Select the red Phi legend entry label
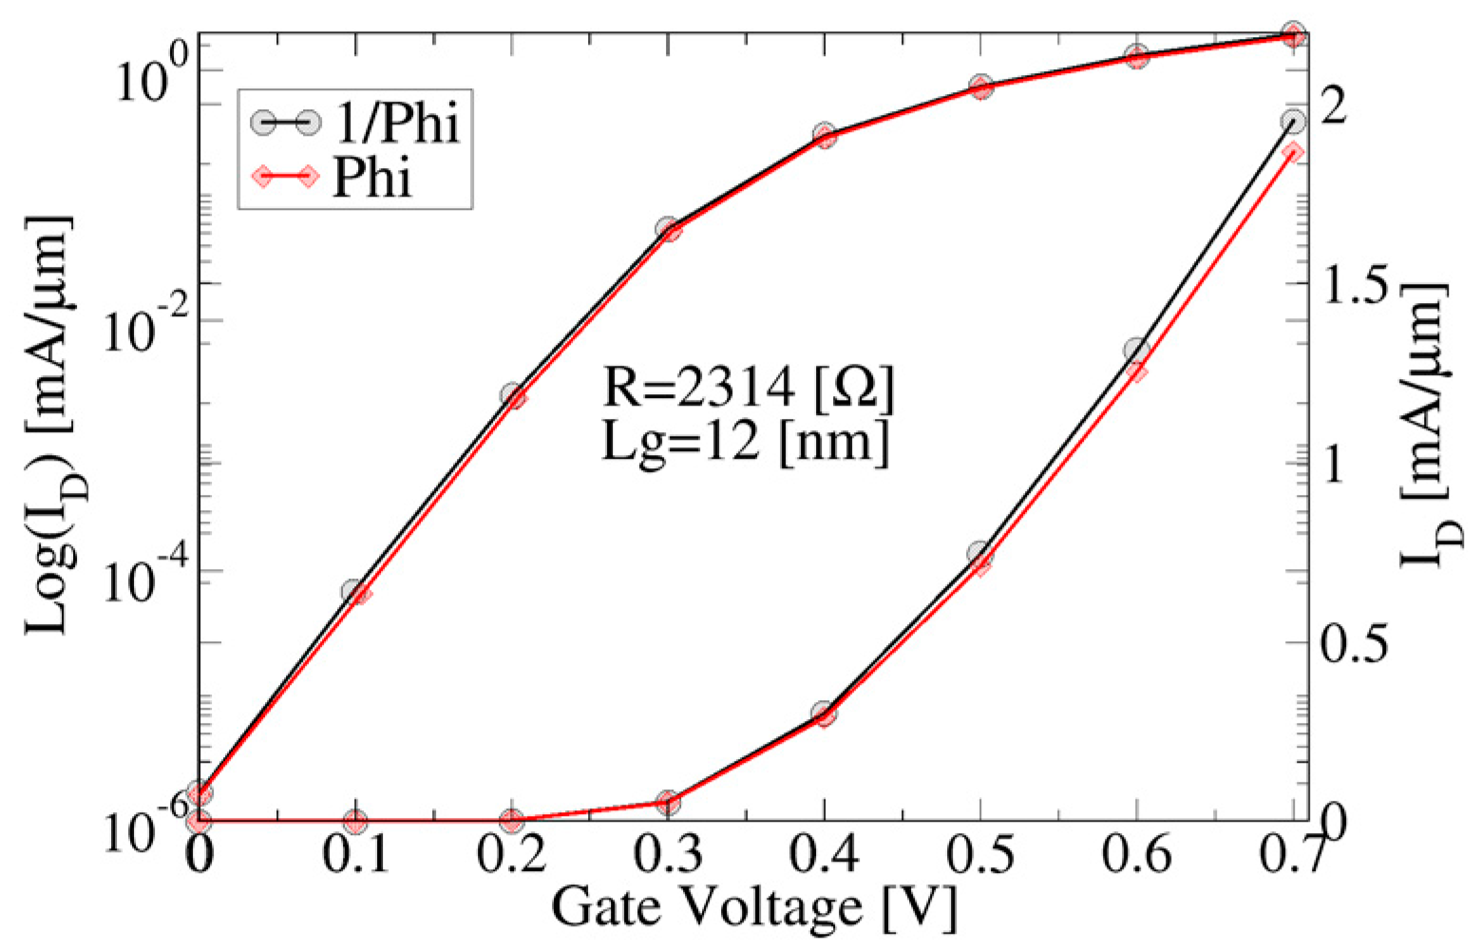coord(372,176)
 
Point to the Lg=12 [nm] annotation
coord(746,442)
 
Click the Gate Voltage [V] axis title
coord(753,907)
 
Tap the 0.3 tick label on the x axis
coord(667,857)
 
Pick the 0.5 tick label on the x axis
coord(980,857)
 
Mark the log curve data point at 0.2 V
coord(513,396)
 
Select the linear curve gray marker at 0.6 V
coord(1136,351)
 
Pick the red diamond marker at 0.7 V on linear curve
coord(1293,153)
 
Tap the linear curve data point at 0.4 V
coord(824,713)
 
